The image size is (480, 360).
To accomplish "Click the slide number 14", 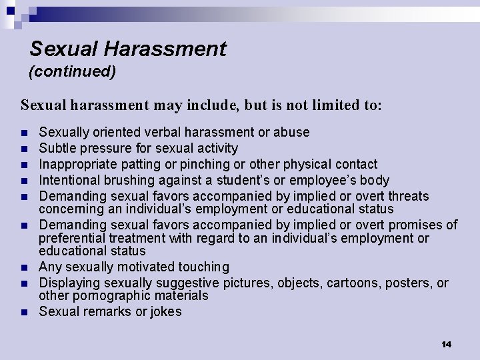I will coord(446,344).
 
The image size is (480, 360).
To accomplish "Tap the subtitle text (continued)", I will coord(72,71).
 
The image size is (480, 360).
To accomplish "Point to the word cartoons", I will coord(352,283).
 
